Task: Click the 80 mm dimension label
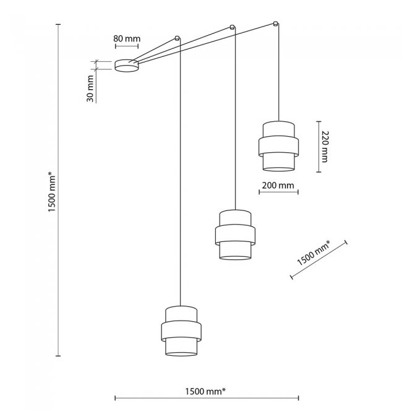pyautogui.click(x=127, y=39)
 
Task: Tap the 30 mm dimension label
pyautogui.click(x=90, y=89)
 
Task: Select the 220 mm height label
pyautogui.click(x=325, y=147)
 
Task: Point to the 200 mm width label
pyautogui.click(x=278, y=185)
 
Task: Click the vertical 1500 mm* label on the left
pyautogui.click(x=52, y=192)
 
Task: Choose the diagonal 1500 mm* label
pyautogui.click(x=314, y=253)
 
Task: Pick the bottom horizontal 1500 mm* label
pyautogui.click(x=205, y=392)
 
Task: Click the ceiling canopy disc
pyautogui.click(x=127, y=66)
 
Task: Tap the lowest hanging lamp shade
pyautogui.click(x=181, y=331)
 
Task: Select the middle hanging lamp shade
pyautogui.click(x=235, y=235)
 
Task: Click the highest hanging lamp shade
pyautogui.click(x=278, y=146)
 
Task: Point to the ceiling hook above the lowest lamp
pyautogui.click(x=177, y=38)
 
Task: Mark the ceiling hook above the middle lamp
pyautogui.click(x=233, y=27)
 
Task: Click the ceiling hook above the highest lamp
pyautogui.click(x=276, y=24)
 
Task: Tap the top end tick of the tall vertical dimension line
pyautogui.click(x=58, y=24)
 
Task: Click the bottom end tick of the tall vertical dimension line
pyautogui.click(x=58, y=356)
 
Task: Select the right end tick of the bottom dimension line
pyautogui.click(x=298, y=398)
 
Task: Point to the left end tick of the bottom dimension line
pyautogui.click(x=115, y=398)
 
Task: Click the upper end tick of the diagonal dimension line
pyautogui.click(x=346, y=242)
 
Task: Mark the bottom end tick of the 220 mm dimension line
pyautogui.click(x=319, y=172)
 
